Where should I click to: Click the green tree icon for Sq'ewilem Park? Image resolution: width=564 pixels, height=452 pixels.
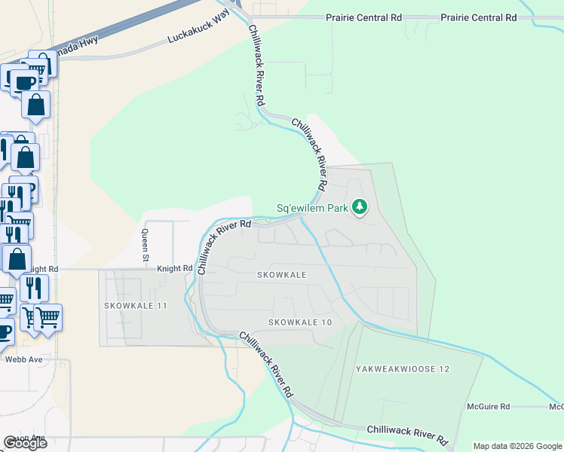tap(360, 206)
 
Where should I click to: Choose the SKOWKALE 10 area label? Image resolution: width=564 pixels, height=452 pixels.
tap(300, 322)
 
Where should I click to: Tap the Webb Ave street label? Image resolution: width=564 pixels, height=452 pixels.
tap(23, 359)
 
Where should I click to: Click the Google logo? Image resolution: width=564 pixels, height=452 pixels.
tap(25, 442)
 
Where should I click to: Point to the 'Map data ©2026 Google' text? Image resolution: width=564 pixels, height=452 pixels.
tap(517, 446)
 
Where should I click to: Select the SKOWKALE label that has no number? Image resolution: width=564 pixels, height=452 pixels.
tap(281, 275)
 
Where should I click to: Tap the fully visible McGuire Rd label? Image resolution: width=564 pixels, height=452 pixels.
tap(488, 406)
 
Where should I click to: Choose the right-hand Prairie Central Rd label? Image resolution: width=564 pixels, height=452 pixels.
tap(478, 17)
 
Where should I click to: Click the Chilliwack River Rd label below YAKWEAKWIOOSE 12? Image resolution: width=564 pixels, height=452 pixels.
tap(407, 433)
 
